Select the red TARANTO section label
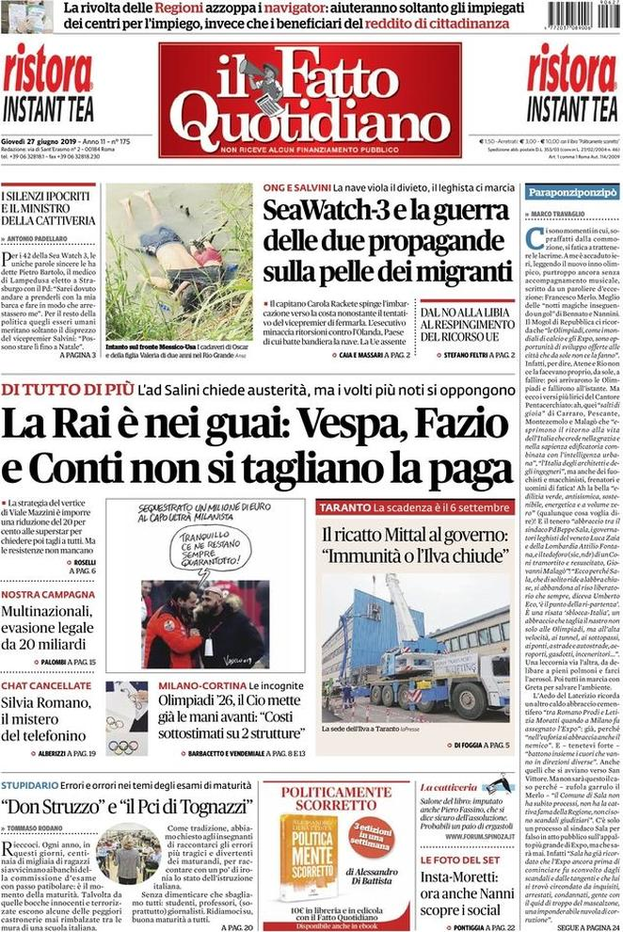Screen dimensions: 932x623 (x=343, y=508)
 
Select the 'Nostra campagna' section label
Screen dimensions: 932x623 (x=45, y=595)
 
